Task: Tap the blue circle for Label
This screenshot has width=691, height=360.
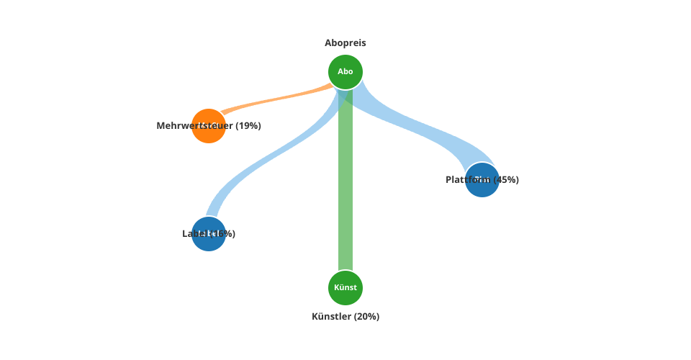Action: pyautogui.click(x=209, y=243)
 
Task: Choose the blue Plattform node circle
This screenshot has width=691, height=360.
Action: pyautogui.click(x=482, y=189)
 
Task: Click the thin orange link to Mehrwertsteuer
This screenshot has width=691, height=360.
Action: pyautogui.click(x=274, y=100)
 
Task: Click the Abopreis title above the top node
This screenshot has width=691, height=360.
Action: pyautogui.click(x=345, y=43)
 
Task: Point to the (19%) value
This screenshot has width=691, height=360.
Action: pyautogui.click(x=248, y=126)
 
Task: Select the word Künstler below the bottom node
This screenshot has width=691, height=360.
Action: pyautogui.click(x=332, y=317)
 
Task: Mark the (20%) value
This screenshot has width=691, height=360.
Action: pyautogui.click(x=367, y=317)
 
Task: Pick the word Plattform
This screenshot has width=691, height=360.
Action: pyautogui.click(x=468, y=180)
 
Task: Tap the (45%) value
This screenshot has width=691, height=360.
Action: pyautogui.click(x=507, y=180)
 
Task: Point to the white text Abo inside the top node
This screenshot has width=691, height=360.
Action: pyautogui.click(x=345, y=71)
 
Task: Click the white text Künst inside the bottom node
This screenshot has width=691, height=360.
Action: pyautogui.click(x=345, y=287)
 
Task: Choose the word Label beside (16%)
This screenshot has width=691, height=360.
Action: pyautogui.click(x=192, y=234)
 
